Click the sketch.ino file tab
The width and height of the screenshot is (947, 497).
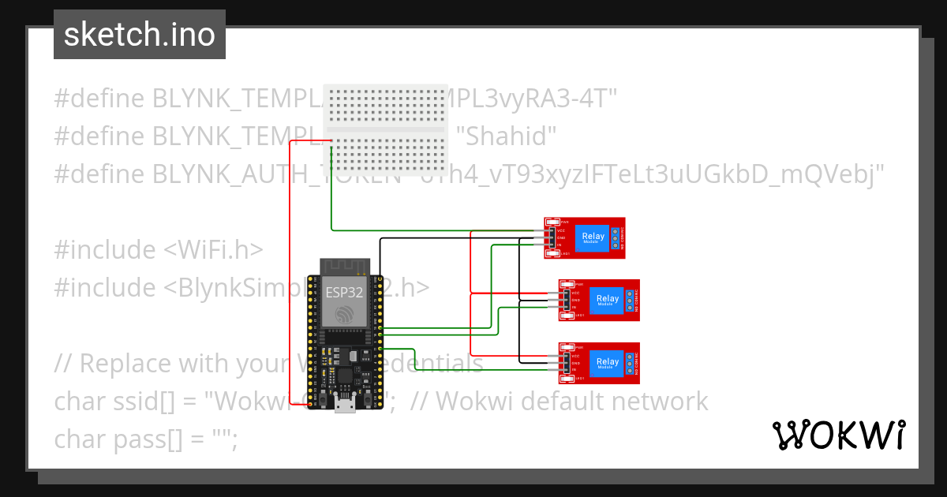[x=139, y=35]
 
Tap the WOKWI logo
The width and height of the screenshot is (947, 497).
[x=839, y=435]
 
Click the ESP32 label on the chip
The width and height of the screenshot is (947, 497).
[x=346, y=292]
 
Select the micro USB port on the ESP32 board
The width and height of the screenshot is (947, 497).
[x=345, y=405]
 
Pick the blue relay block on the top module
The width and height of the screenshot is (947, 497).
[x=593, y=237]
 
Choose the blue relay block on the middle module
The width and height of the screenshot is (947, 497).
[x=608, y=300]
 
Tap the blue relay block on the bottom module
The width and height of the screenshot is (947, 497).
[x=608, y=363]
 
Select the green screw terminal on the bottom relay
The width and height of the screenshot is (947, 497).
[x=630, y=363]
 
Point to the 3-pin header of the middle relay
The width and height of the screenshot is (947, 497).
[x=566, y=300]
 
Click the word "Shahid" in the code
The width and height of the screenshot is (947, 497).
[x=506, y=136]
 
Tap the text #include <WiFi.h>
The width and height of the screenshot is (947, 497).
[x=158, y=250]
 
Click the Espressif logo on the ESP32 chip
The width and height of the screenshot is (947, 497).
[x=346, y=315]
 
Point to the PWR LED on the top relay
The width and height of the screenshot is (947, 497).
[x=554, y=222]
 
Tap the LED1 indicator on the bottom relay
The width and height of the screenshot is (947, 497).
[x=568, y=379]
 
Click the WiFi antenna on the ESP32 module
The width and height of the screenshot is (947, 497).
[x=346, y=266]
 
